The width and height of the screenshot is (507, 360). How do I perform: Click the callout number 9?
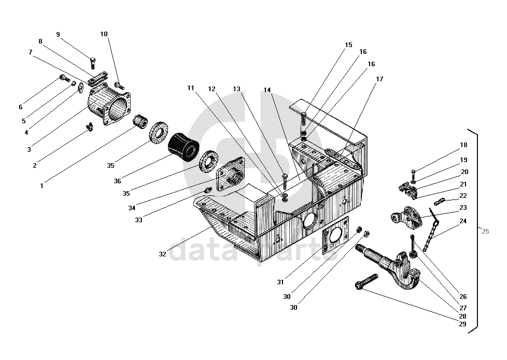pyautogui.click(x=58, y=35)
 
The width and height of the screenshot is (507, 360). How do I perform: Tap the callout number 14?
pyautogui.click(x=267, y=90)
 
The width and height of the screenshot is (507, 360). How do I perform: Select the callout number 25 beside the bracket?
pyautogui.click(x=485, y=232)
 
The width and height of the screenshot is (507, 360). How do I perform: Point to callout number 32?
pyautogui.click(x=163, y=254)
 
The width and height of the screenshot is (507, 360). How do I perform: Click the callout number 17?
pyautogui.click(x=379, y=79)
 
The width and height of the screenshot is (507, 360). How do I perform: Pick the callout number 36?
pyautogui.click(x=118, y=181)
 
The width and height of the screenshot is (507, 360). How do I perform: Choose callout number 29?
pyautogui.click(x=462, y=324)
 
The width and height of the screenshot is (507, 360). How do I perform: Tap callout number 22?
pyautogui.click(x=463, y=196)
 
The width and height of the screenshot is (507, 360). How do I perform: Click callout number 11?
pyautogui.click(x=191, y=88)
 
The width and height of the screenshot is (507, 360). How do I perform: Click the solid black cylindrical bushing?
pyautogui.click(x=183, y=146)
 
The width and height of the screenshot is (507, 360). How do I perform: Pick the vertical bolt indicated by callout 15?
pyautogui.click(x=303, y=120)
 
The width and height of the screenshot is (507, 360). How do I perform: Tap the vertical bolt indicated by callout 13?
pyautogui.click(x=285, y=181)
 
